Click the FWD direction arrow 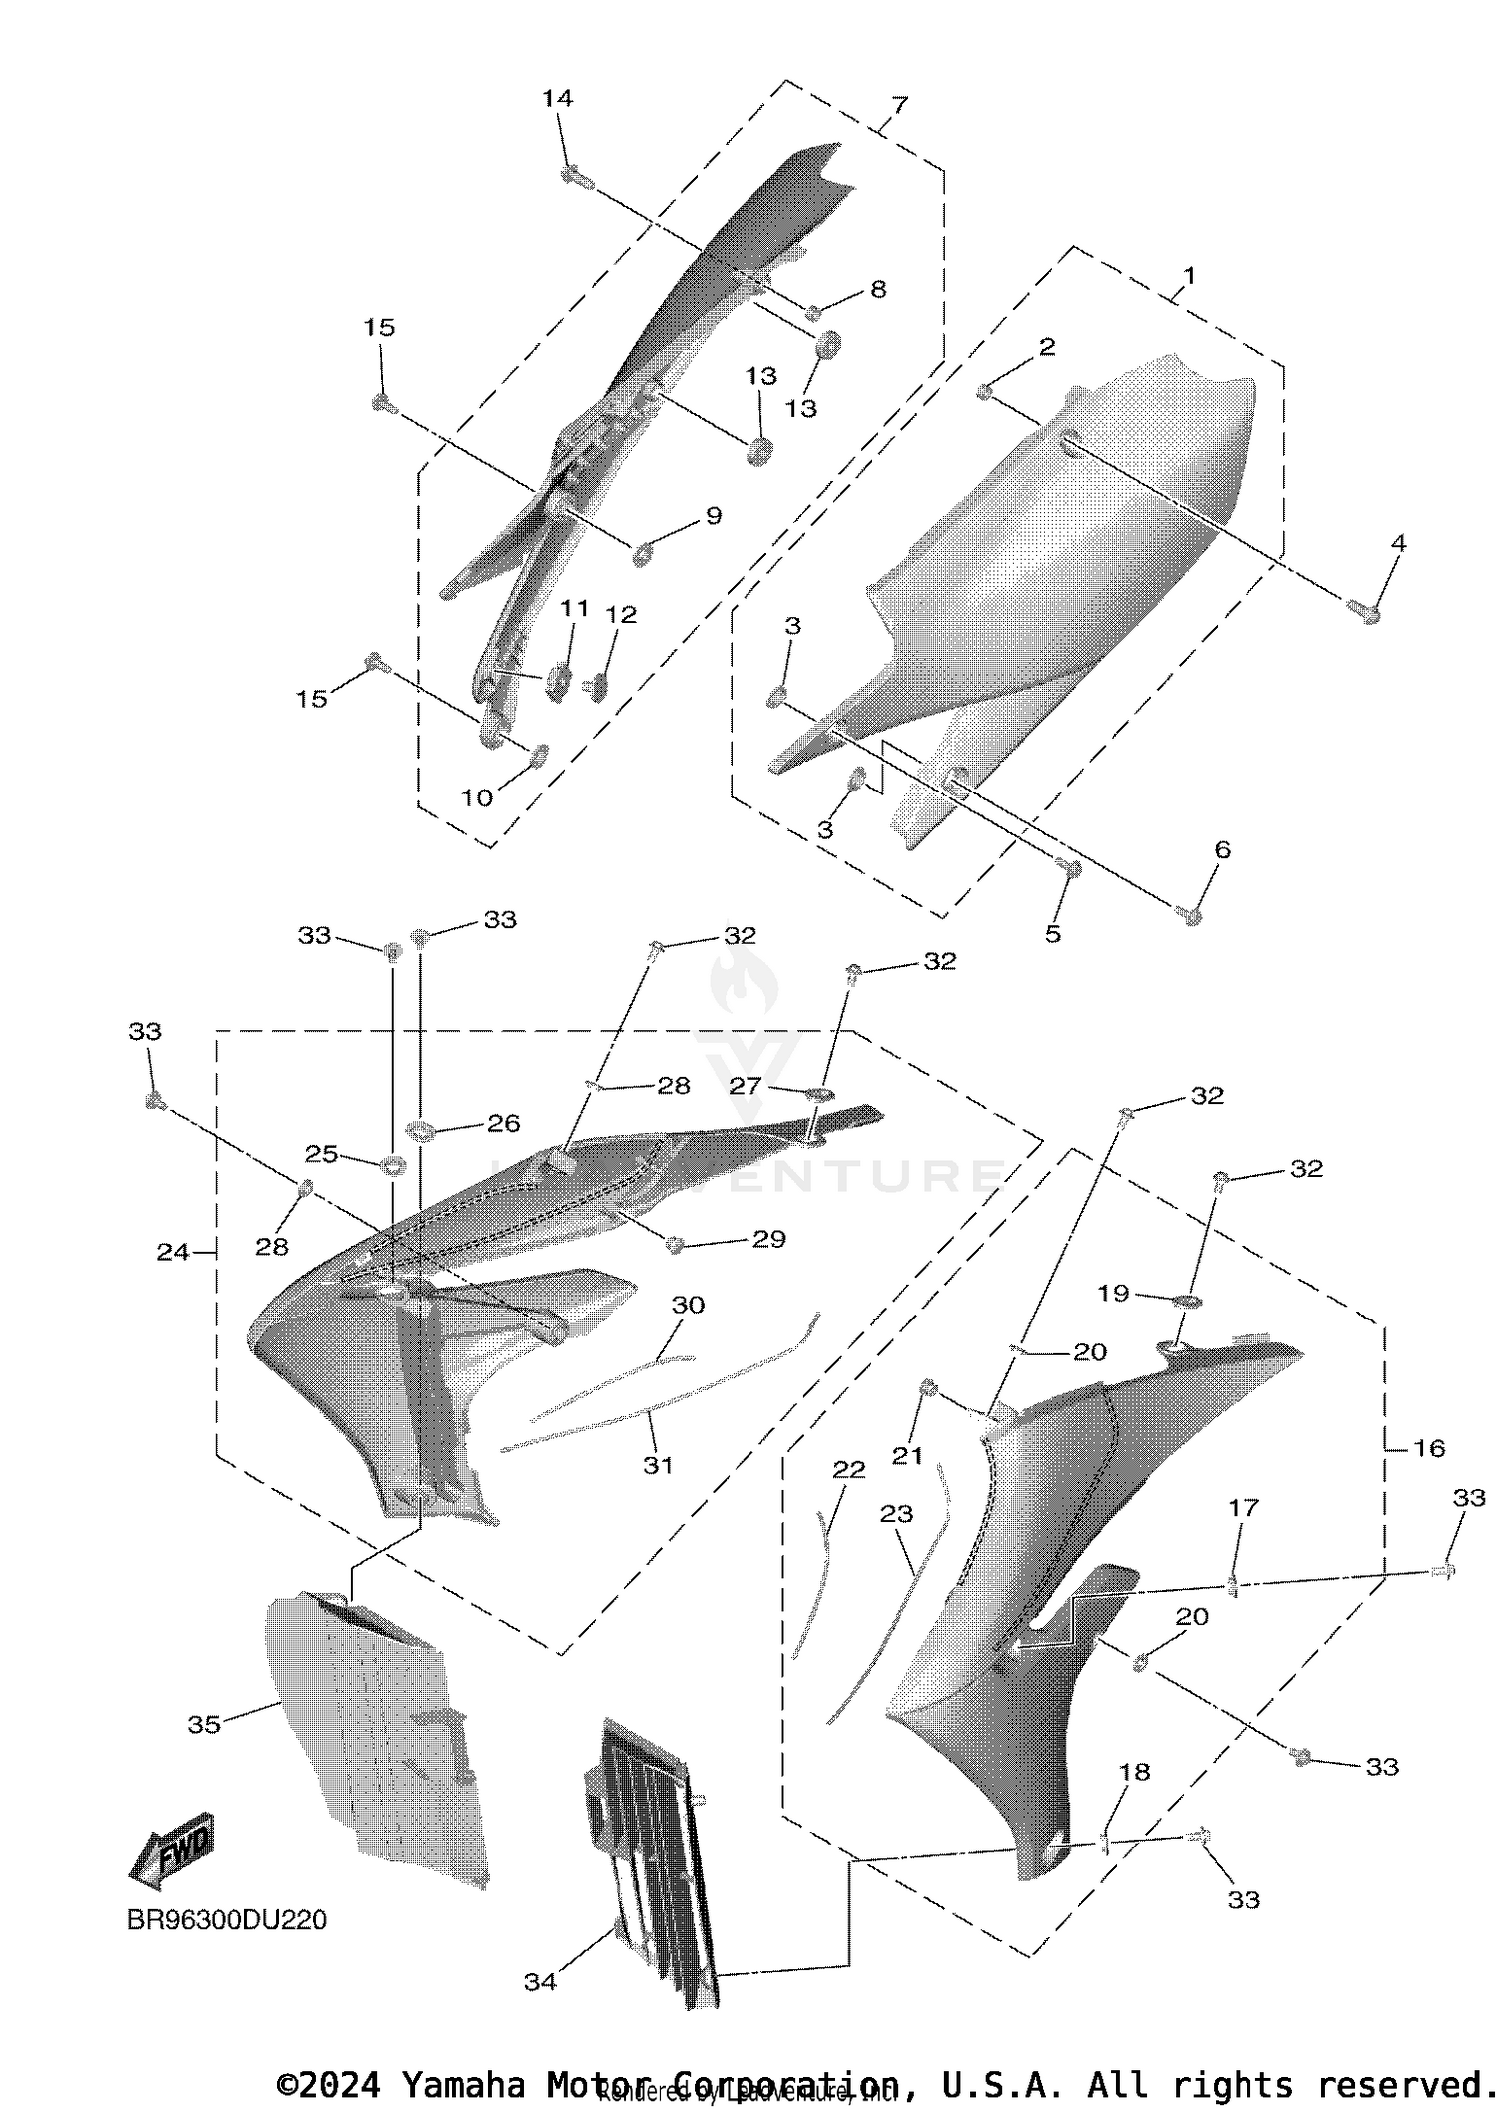pyautogui.click(x=172, y=1851)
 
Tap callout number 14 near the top pyautogui.click(x=557, y=98)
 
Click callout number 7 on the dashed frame pyautogui.click(x=899, y=103)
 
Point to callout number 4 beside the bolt pyautogui.click(x=1398, y=543)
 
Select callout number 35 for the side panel pyautogui.click(x=204, y=1724)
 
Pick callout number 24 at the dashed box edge pyautogui.click(x=172, y=1251)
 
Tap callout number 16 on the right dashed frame pyautogui.click(x=1429, y=1447)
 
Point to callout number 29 pyautogui.click(x=768, y=1238)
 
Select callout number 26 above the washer pyautogui.click(x=503, y=1123)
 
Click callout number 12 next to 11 pyautogui.click(x=621, y=614)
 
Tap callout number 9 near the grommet pyautogui.click(x=713, y=515)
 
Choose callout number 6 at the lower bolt pyautogui.click(x=1222, y=849)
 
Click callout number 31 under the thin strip pyautogui.click(x=657, y=1465)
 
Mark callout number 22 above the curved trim pyautogui.click(x=849, y=1469)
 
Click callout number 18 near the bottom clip pyautogui.click(x=1135, y=1771)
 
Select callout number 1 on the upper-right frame pyautogui.click(x=1188, y=274)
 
